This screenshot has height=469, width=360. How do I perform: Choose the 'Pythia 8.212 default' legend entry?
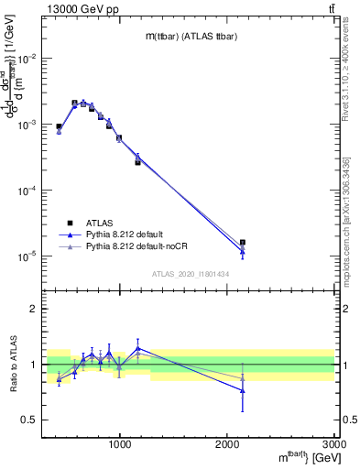[x=127, y=234]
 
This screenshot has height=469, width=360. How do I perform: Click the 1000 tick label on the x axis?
[x=120, y=444]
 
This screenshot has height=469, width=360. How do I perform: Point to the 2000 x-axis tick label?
[x=227, y=444]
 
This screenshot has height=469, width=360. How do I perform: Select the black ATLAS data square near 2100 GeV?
[x=242, y=243]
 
